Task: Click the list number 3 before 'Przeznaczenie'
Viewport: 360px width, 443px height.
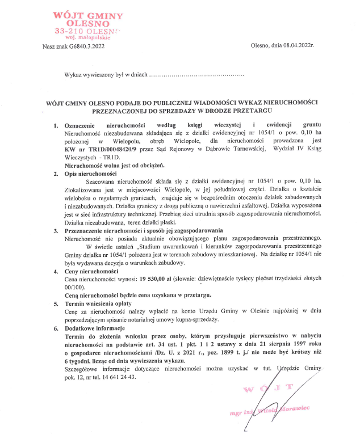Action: coord(56,231)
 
